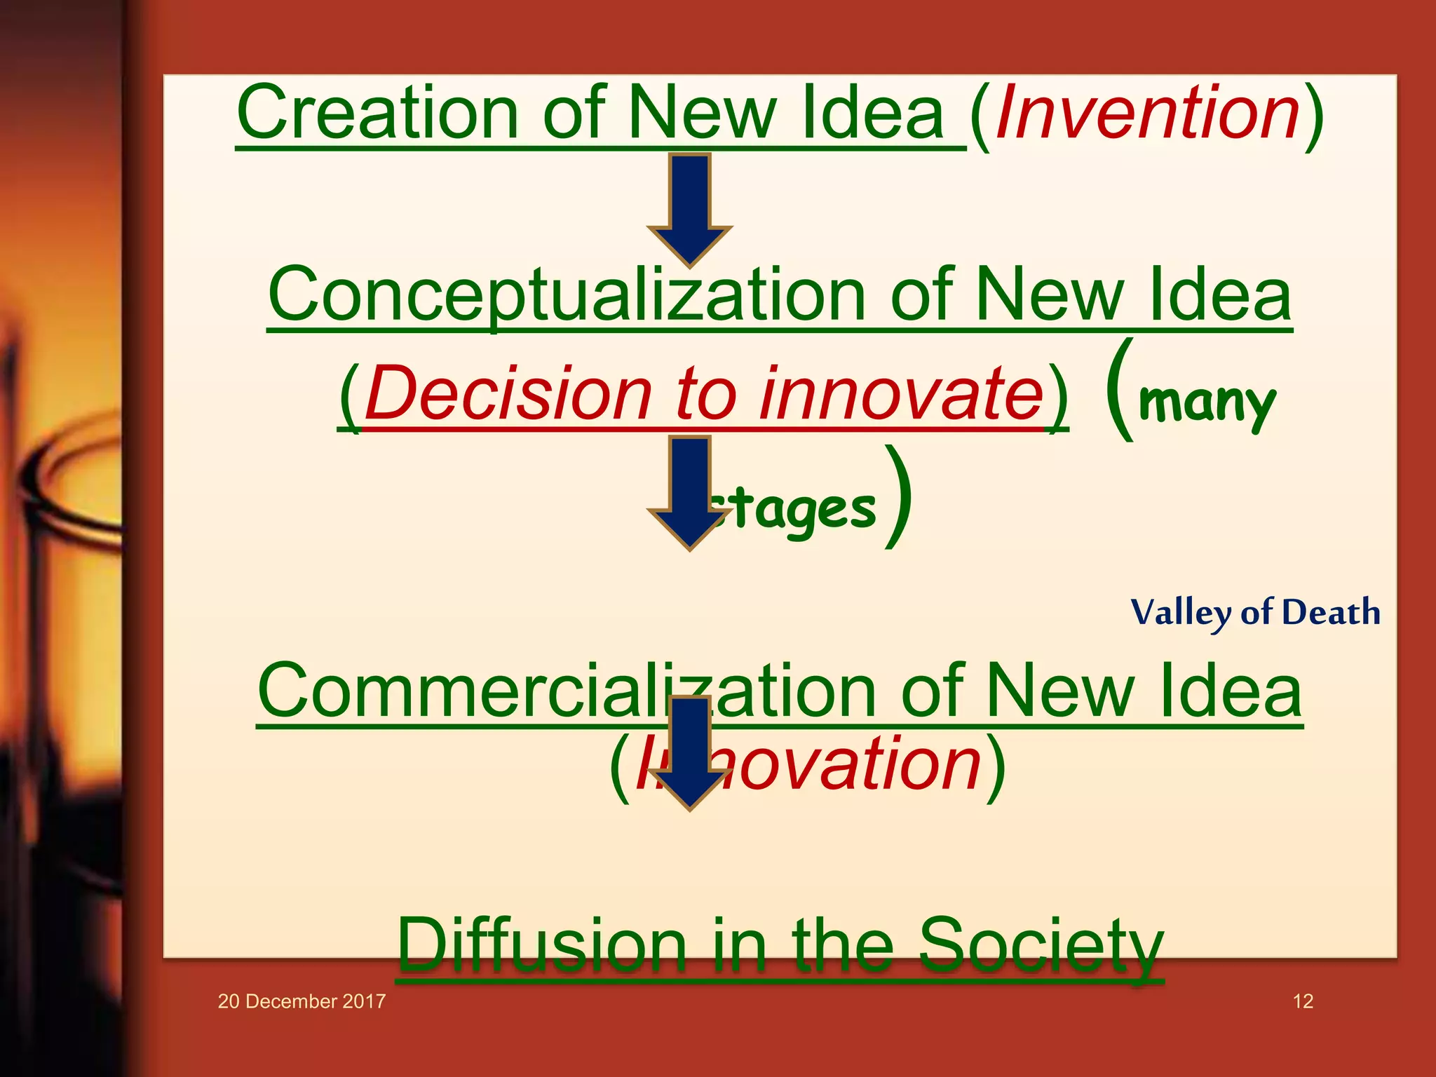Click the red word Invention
(1147, 113)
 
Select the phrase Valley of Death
(1255, 613)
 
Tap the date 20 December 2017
(302, 1001)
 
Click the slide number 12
(1303, 1001)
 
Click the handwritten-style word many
(1206, 403)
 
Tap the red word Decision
(508, 394)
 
